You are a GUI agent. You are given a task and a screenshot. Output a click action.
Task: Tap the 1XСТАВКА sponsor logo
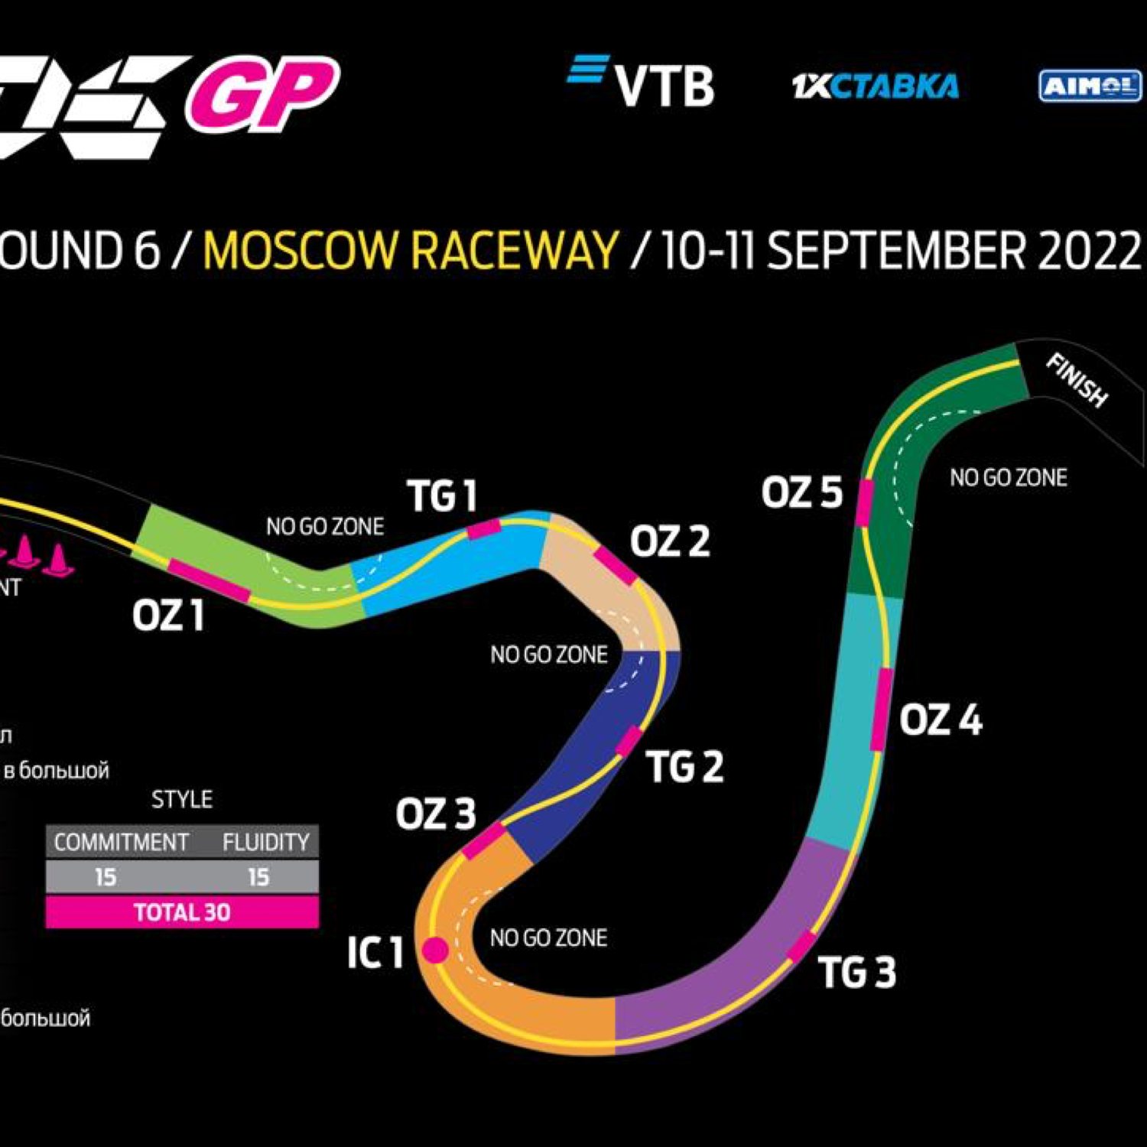tap(876, 86)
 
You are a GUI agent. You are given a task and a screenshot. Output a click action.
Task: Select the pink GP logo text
tap(262, 93)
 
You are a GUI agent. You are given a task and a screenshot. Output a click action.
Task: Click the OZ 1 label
tap(168, 616)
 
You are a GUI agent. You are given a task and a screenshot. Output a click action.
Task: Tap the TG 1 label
tap(442, 496)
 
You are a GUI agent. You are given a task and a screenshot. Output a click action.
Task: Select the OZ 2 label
tap(670, 541)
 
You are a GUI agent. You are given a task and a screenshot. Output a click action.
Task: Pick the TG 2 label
tap(685, 766)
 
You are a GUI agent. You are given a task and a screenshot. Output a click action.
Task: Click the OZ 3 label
tap(436, 814)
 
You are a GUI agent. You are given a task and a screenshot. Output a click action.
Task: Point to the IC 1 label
tap(375, 953)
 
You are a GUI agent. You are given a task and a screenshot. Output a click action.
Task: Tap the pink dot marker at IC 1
tap(435, 950)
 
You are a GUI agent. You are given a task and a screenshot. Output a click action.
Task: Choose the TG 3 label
tap(857, 973)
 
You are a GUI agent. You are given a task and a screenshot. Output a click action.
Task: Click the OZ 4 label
tap(941, 720)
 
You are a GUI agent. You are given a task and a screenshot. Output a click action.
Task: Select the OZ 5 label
tap(801, 492)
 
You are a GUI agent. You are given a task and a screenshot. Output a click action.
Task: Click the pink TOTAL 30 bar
tap(182, 912)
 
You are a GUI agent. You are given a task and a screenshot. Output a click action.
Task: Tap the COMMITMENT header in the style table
tap(121, 842)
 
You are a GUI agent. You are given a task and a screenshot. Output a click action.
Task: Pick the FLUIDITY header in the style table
tap(266, 842)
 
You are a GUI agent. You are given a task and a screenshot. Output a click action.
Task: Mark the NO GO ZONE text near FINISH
tap(1008, 478)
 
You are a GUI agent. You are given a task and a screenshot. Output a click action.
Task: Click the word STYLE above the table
tap(182, 800)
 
